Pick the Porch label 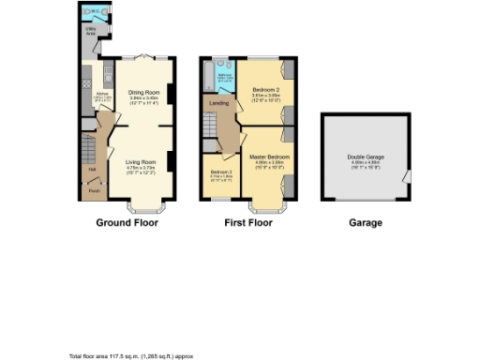[x=94, y=190]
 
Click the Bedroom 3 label [x=221, y=172]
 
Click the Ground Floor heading [x=127, y=223]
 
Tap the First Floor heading [x=247, y=223]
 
